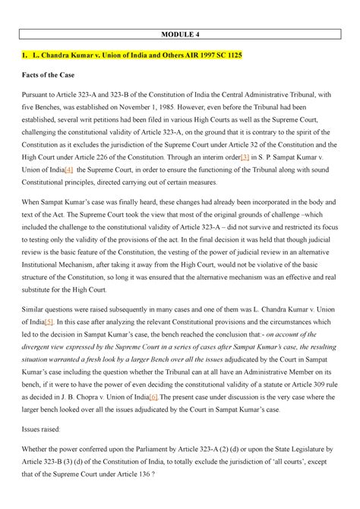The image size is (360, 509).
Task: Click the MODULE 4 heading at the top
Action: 179,34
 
